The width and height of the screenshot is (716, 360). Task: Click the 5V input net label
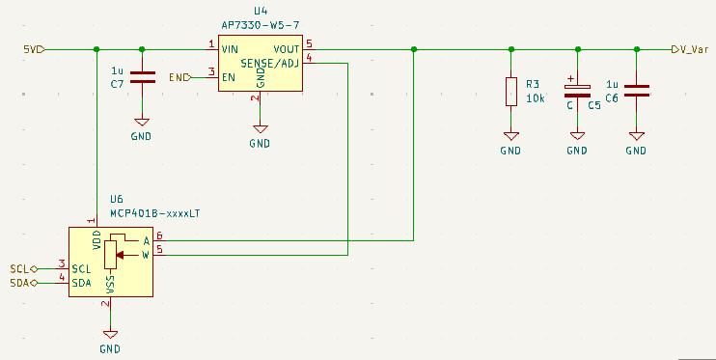pyautogui.click(x=29, y=48)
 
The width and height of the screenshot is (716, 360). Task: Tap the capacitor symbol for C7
pyautogui.click(x=142, y=78)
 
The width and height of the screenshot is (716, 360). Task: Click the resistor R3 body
pyautogui.click(x=510, y=92)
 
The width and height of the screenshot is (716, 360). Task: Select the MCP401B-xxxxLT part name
pyautogui.click(x=153, y=212)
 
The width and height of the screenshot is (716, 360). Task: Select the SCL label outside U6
pyautogui.click(x=20, y=268)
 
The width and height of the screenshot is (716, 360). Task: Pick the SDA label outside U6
pyautogui.click(x=20, y=283)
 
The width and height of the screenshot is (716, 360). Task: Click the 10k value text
pyautogui.click(x=535, y=98)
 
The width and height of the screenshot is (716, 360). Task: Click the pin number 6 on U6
pyautogui.click(x=159, y=235)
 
